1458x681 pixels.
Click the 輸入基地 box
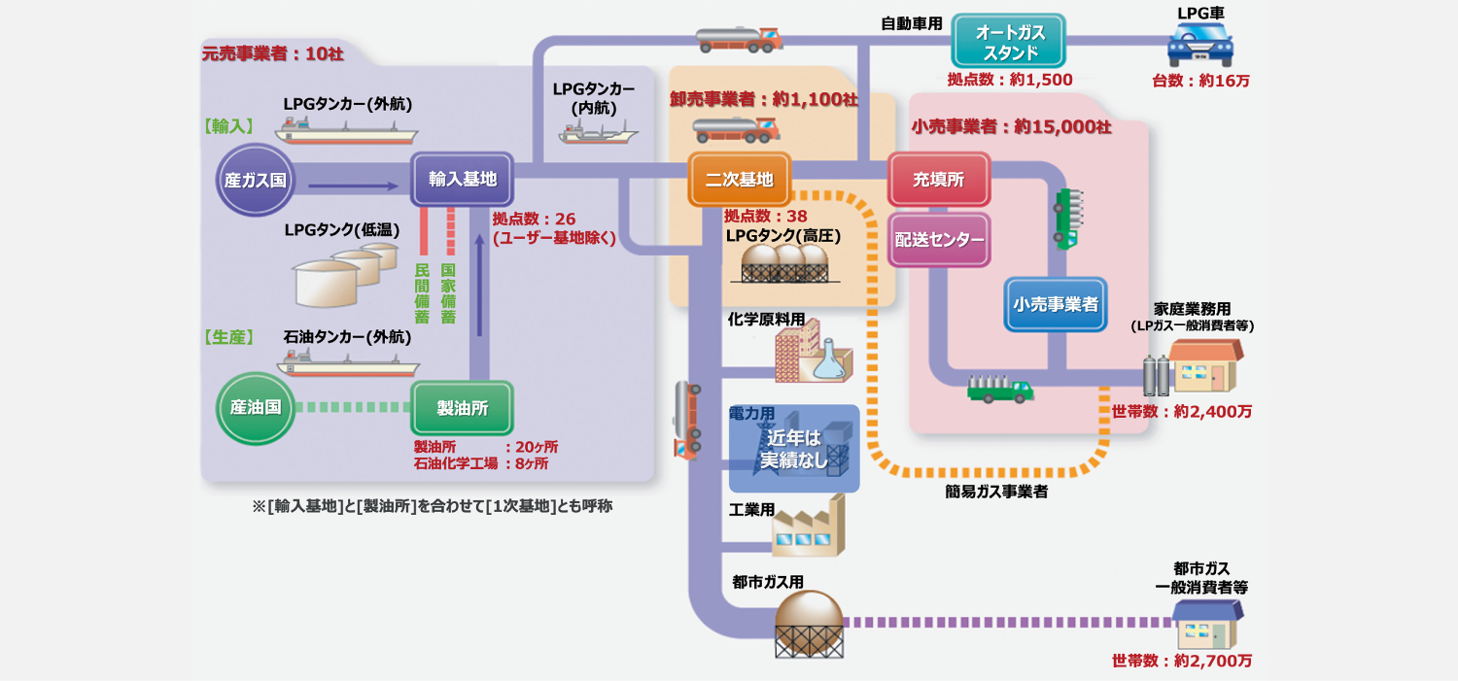(462, 179)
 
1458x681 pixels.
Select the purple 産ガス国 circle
(255, 180)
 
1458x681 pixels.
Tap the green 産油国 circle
(255, 407)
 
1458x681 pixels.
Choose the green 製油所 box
(462, 408)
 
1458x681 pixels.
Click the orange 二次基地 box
(739, 179)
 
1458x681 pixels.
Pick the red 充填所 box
(938, 179)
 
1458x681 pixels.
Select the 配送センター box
(938, 240)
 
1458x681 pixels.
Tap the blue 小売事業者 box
(1055, 304)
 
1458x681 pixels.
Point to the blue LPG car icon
(1199, 44)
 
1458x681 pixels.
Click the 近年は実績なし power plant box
(794, 449)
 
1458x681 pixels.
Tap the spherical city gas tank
(809, 614)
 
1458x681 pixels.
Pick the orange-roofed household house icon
(1205, 366)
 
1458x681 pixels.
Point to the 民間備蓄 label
(423, 292)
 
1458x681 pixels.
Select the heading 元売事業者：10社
(272, 54)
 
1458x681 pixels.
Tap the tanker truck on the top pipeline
(739, 39)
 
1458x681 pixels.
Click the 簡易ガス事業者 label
(995, 493)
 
